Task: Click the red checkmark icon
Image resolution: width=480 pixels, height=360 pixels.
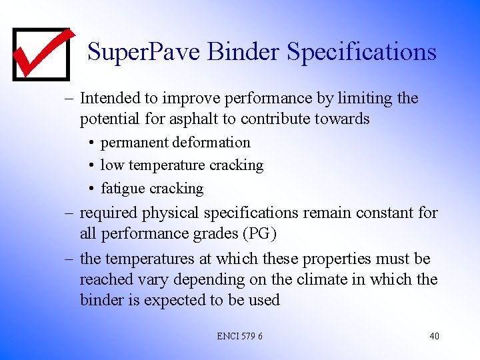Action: [41, 53]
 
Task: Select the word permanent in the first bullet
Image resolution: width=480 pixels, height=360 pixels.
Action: [135, 142]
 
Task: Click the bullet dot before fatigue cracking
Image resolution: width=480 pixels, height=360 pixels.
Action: [90, 189]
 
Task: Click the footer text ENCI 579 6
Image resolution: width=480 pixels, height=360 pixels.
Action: [239, 336]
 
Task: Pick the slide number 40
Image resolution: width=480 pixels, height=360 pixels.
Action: [434, 336]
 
